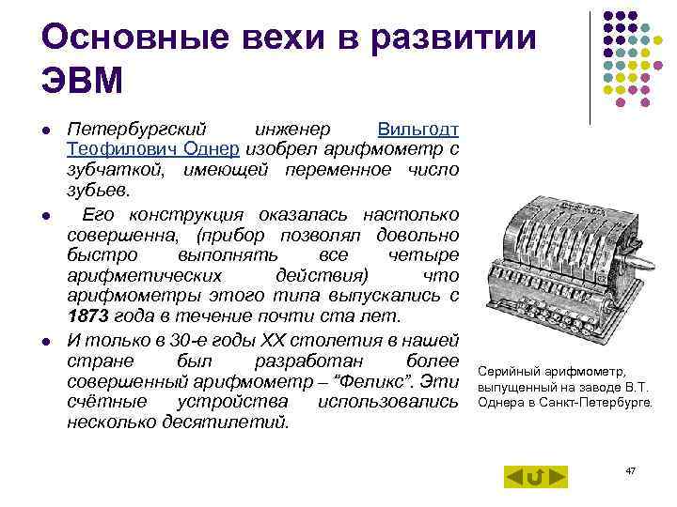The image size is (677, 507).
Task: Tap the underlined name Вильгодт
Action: click(417, 129)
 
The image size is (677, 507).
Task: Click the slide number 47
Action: click(630, 469)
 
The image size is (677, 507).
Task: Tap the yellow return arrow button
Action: click(535, 476)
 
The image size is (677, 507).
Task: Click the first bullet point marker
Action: click(45, 130)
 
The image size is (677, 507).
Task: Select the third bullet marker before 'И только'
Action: click(45, 340)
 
